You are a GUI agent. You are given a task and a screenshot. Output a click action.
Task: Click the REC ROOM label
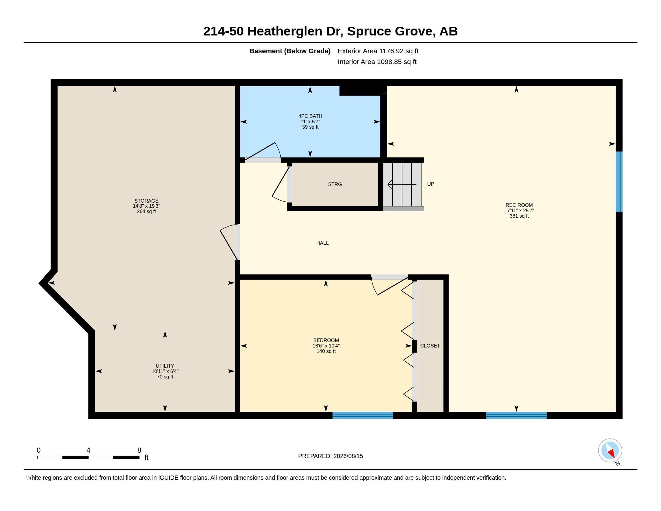pos(519,205)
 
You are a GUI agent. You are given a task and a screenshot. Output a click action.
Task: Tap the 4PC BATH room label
pos(310,116)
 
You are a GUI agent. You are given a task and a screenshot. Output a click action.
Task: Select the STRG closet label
pos(335,184)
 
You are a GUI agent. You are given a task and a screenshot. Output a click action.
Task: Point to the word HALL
pos(322,243)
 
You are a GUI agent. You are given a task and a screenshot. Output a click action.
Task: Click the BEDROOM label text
pos(326,340)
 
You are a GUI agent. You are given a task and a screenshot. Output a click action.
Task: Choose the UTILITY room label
pos(165,366)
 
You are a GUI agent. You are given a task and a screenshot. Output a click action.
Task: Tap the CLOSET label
pos(430,346)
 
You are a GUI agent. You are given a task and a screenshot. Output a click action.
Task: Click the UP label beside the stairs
pos(430,184)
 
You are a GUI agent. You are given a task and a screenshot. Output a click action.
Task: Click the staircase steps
pos(402,184)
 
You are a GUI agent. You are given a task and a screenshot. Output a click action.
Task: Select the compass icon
pos(610,451)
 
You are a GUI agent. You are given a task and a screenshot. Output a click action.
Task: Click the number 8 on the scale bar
pos(139,450)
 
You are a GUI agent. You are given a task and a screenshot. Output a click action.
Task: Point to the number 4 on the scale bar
pos(88,450)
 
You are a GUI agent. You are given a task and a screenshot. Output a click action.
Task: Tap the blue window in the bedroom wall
pos(363,415)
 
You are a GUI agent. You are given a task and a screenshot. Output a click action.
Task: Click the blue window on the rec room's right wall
pos(619,182)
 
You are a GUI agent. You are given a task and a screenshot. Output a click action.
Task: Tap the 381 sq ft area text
pos(519,216)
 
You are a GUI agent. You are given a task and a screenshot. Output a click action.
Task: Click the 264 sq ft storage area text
pos(147,211)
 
